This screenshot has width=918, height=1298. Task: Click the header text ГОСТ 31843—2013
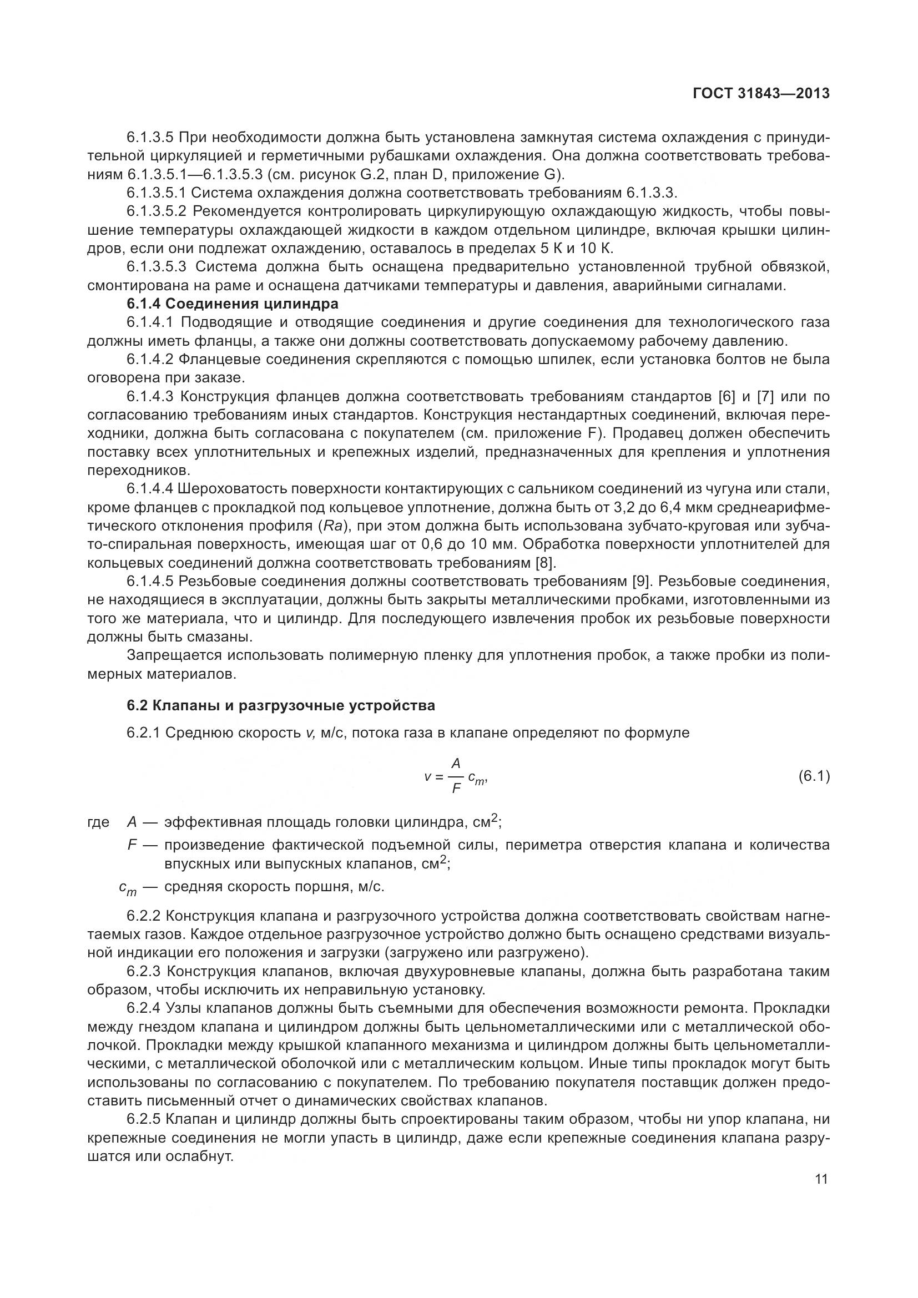pyautogui.click(x=761, y=94)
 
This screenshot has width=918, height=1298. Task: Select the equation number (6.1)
pyautogui.click(x=814, y=777)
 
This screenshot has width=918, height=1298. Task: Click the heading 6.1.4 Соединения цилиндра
pyautogui.click(x=233, y=304)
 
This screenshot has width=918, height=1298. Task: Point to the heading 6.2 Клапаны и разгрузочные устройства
pyautogui.click(x=281, y=705)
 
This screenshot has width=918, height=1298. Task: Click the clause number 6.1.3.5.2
pyautogui.click(x=156, y=211)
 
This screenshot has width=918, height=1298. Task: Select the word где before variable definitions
pyautogui.click(x=98, y=822)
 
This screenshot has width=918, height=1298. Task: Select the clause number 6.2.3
pyautogui.click(x=144, y=972)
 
